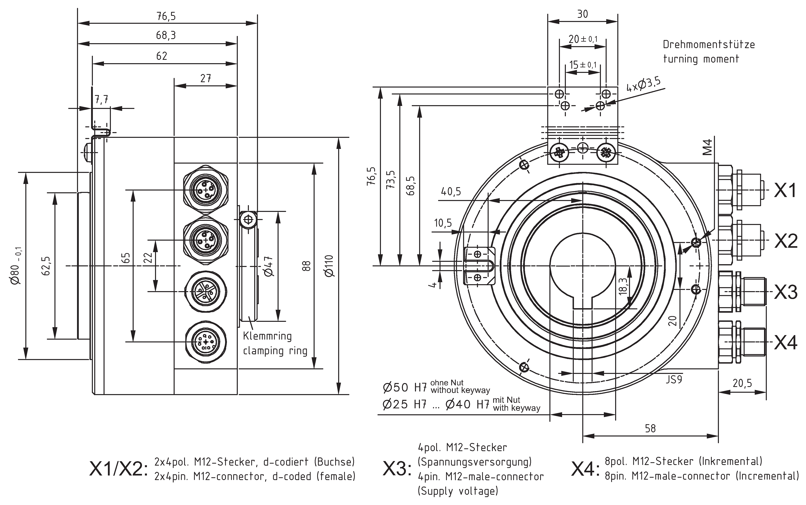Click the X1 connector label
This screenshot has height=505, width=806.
[x=785, y=191]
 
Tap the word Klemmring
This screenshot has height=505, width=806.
[x=267, y=336]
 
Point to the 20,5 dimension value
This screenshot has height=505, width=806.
[x=742, y=383]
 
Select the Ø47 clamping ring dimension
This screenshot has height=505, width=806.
[x=269, y=266]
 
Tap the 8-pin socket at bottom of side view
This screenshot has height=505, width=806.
[x=206, y=342]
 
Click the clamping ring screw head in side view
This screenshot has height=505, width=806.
[x=248, y=219]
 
